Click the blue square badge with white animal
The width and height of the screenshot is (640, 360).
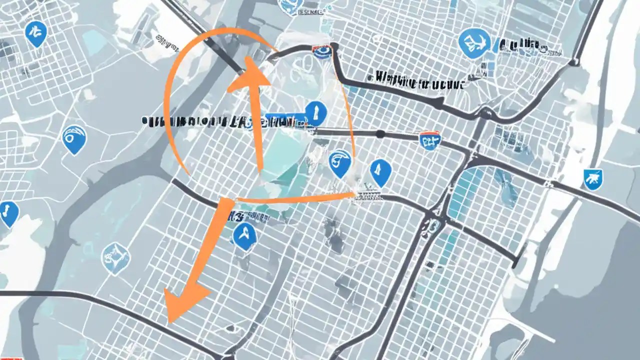pyautogui.click(x=592, y=178)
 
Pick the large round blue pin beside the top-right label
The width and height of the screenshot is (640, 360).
pyautogui.click(x=473, y=43)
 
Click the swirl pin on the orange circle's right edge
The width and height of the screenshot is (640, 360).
pyautogui.click(x=340, y=164)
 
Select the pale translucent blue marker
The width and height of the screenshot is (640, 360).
pyautogui.click(x=115, y=257)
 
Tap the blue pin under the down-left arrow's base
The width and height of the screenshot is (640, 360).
pyautogui.click(x=244, y=235)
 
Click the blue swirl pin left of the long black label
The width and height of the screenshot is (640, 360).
pyautogui.click(x=74, y=138)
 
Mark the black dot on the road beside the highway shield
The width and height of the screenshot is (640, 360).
pyautogui.click(x=380, y=133)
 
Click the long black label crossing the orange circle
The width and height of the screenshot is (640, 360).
pyautogui.click(x=210, y=120)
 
